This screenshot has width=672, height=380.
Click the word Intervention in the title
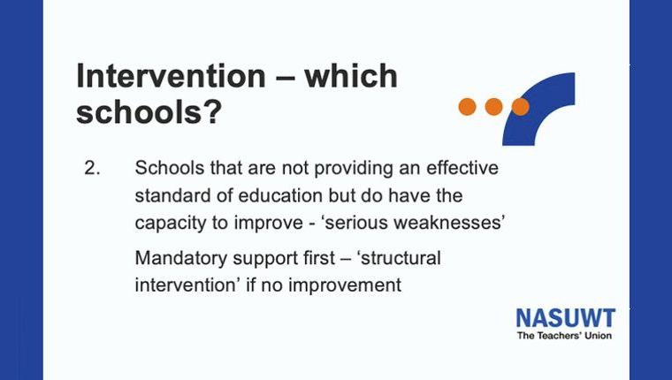[171, 76]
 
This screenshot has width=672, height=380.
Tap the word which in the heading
[351, 76]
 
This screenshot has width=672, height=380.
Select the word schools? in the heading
[149, 112]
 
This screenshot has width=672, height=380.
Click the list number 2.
[92, 168]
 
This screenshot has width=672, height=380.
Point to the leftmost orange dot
[467, 107]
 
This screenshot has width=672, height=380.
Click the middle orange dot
[493, 107]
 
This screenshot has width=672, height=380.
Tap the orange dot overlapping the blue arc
[520, 107]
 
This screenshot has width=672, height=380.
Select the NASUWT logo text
[566, 318]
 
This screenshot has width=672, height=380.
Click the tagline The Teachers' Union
[564, 336]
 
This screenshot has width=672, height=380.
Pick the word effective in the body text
[462, 168]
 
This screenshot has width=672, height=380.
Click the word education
[280, 195]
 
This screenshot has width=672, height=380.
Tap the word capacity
[170, 224]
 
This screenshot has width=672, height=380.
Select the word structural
[401, 258]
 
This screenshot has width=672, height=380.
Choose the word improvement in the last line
[345, 285]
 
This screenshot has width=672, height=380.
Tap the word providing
[354, 169]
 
